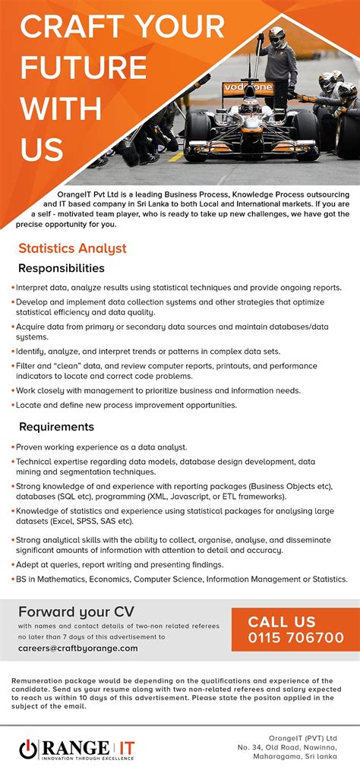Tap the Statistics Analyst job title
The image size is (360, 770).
pyautogui.click(x=72, y=248)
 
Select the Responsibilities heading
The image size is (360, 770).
pyautogui.click(x=62, y=268)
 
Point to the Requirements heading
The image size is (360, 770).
pyautogui.click(x=56, y=427)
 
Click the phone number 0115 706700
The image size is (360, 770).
pyautogui.click(x=295, y=637)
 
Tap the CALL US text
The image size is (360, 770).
pyautogui.click(x=281, y=621)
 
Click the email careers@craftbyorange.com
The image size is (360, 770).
pyautogui.click(x=78, y=649)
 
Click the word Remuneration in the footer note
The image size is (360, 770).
pyautogui.click(x=43, y=680)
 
